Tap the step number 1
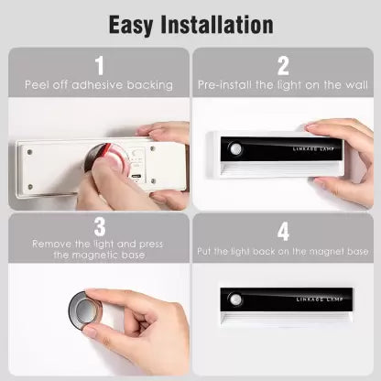[98, 66]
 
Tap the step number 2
[283, 65]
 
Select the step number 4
[283, 232]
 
